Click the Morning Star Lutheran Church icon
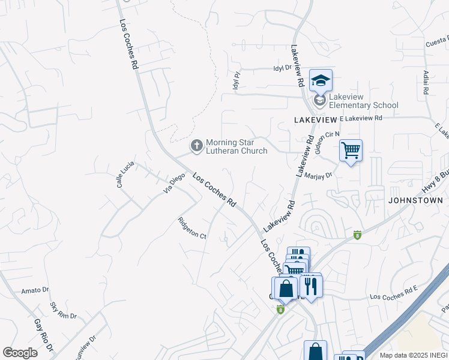click(196, 145)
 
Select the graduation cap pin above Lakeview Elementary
click(321, 80)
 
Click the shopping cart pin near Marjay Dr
click(351, 151)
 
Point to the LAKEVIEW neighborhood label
click(315, 120)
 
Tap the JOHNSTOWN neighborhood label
click(415, 200)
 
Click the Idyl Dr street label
click(282, 68)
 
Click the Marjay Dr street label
click(319, 176)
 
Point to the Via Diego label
click(174, 182)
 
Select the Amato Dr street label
click(34, 290)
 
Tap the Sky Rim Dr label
click(64, 311)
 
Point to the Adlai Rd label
click(425, 83)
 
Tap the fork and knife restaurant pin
click(310, 285)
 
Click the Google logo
click(20, 353)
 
